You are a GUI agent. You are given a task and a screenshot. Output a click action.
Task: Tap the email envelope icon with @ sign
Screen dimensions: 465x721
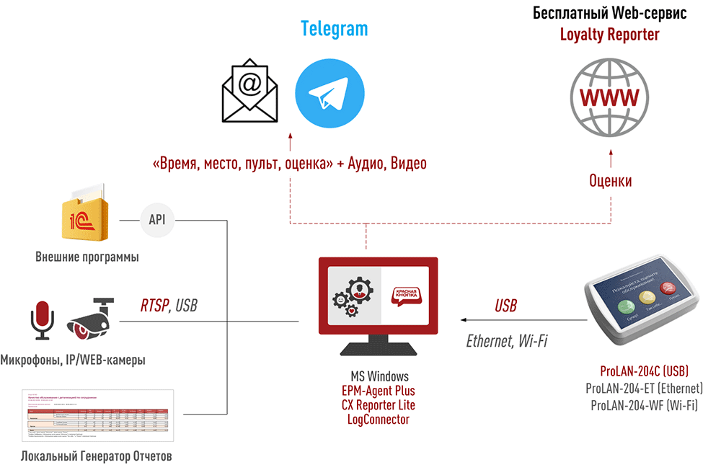click(250, 92)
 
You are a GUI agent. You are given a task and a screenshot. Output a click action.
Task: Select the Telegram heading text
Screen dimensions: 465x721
click(334, 29)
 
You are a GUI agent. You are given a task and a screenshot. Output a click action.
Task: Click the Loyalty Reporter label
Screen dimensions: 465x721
click(609, 34)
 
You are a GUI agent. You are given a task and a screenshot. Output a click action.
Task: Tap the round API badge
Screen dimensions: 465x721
click(156, 219)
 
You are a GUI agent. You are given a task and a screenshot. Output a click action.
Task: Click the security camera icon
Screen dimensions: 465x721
click(92, 318)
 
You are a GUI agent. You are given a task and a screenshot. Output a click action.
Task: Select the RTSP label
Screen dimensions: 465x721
click(154, 306)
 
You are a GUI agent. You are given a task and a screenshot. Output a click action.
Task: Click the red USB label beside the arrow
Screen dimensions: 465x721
click(505, 306)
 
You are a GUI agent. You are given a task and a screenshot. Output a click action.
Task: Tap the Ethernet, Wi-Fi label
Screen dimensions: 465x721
click(506, 341)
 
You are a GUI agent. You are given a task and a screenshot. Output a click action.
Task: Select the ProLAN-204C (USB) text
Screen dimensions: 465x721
click(644, 372)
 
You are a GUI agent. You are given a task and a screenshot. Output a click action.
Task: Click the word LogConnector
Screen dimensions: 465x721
click(378, 419)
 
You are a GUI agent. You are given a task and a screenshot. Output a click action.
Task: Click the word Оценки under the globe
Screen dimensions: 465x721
click(610, 180)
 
